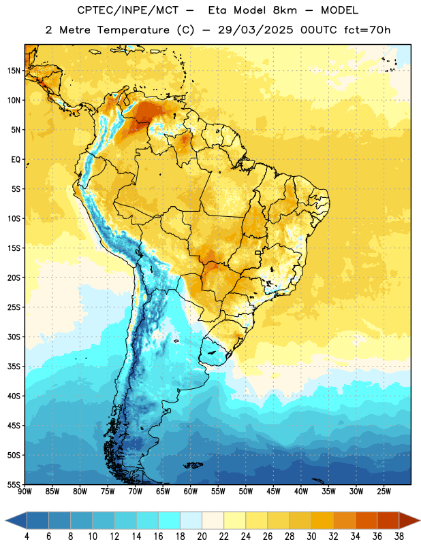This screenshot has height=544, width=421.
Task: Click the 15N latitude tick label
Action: tap(14, 71)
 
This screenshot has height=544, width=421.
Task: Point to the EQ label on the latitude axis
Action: tap(16, 160)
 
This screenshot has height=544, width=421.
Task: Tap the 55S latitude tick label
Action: tap(14, 484)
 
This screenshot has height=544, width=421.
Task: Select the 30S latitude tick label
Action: tap(14, 337)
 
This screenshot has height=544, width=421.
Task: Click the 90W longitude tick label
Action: tap(25, 492)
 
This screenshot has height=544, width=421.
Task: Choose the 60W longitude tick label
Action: tap(191, 492)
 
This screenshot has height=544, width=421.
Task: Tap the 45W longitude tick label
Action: tap(273, 492)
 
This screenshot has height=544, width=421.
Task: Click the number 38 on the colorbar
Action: tap(399, 537)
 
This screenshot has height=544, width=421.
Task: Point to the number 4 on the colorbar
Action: tap(27, 537)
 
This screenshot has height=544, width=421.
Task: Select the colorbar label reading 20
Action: tap(202, 537)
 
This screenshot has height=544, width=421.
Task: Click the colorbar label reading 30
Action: tap(311, 537)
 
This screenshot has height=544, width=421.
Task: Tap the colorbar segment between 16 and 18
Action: tap(170, 520)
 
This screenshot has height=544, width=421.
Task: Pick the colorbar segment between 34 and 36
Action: tap(367, 520)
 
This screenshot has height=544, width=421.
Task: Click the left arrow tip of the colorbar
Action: tap(5, 521)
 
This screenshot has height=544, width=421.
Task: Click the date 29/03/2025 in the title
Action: tap(255, 30)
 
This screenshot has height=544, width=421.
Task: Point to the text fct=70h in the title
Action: tap(367, 30)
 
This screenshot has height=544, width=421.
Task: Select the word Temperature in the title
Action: tap(133, 30)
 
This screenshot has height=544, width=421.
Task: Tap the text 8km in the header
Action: tap(285, 10)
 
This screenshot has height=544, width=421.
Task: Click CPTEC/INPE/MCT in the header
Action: tap(127, 10)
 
